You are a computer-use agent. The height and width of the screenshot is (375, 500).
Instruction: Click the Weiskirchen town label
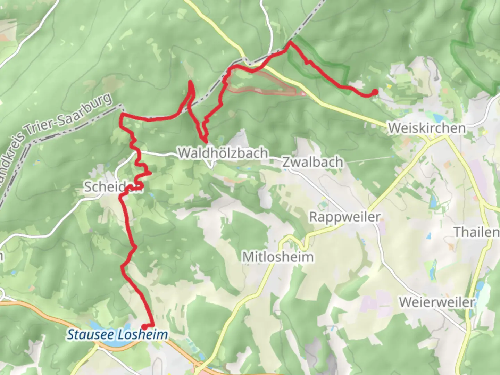[x=427, y=128]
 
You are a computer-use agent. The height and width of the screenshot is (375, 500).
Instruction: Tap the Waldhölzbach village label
[x=223, y=153]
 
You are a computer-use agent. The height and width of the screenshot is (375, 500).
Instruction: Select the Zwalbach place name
[x=312, y=162]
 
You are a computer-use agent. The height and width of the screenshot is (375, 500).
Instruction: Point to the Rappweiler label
[x=345, y=217]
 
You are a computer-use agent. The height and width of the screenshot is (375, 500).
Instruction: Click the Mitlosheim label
[x=278, y=257]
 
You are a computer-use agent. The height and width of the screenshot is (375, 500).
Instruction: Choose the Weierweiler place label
[x=437, y=302]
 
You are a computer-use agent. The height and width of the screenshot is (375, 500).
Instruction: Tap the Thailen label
[x=476, y=232]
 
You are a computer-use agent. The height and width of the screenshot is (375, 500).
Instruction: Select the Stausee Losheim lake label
[x=117, y=335]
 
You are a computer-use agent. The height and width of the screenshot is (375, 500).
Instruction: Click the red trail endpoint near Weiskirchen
[x=375, y=92]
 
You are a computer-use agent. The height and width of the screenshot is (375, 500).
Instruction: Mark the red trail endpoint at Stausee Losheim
[x=144, y=326]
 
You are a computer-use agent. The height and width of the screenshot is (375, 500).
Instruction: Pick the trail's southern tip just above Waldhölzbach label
[x=206, y=142]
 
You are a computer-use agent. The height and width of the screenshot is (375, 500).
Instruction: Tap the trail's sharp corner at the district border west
[x=122, y=115]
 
